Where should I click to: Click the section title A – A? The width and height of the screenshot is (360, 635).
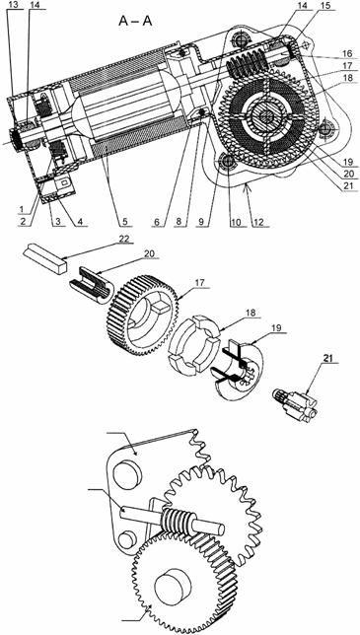click(135, 21)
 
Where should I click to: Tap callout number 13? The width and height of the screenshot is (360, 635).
click(12, 4)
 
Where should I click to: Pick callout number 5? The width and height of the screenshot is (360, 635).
click(124, 222)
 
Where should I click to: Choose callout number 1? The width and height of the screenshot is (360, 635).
click(21, 209)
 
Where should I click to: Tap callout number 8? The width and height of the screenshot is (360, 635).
click(180, 222)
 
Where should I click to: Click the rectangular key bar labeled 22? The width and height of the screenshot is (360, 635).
click(44, 260)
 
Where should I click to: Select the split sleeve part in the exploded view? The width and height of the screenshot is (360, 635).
click(92, 285)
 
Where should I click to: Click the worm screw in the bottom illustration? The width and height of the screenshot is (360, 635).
click(177, 520)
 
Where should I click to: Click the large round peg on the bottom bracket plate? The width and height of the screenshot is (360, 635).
click(128, 474)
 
